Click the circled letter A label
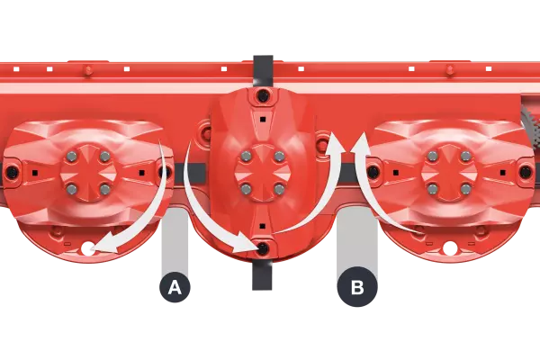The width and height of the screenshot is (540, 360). [175, 288]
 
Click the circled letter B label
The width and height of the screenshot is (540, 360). [357, 288]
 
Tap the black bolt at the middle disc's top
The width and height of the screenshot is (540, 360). [263, 94]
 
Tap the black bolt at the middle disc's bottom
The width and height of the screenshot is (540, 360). [263, 247]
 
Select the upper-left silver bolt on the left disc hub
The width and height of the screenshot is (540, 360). [72, 157]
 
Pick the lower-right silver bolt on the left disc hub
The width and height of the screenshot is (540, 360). [105, 189]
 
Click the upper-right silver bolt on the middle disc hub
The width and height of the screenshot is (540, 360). [279, 157]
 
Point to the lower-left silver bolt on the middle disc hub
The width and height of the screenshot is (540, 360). [246, 189]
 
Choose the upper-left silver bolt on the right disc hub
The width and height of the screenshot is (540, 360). [433, 157]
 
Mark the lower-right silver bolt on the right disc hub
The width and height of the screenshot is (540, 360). [466, 189]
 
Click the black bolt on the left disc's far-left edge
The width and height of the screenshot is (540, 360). [12, 172]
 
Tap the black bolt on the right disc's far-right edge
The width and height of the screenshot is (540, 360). [526, 171]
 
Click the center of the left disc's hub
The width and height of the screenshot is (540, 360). [88, 173]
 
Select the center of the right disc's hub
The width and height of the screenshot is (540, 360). [449, 173]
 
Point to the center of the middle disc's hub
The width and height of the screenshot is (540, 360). [262, 173]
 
